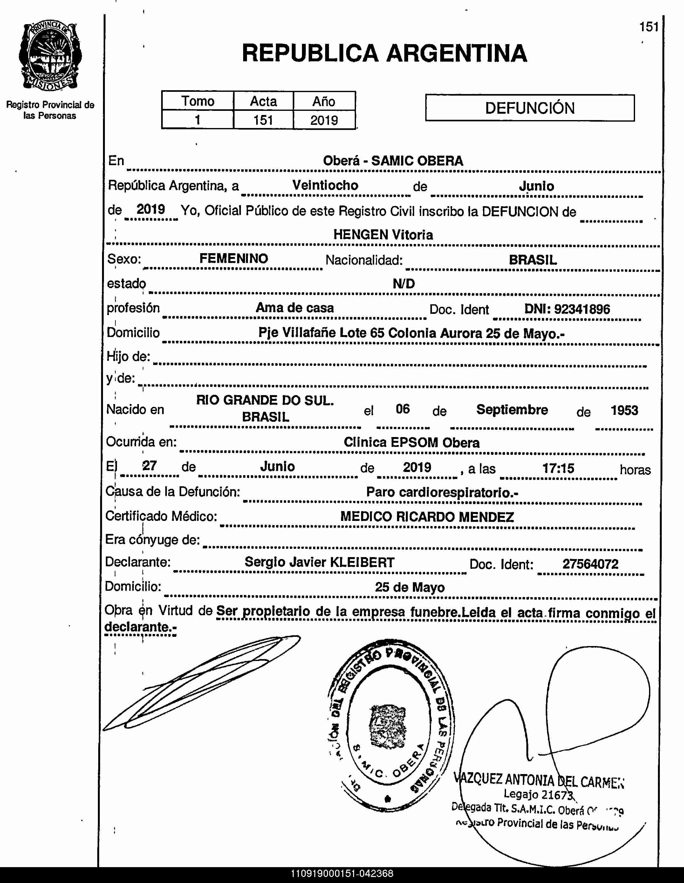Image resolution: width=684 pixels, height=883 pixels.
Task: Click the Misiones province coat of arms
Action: click(x=50, y=57)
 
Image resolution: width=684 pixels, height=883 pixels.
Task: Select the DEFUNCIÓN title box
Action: click(x=530, y=108)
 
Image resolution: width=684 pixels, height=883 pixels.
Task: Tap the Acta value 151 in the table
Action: click(x=263, y=120)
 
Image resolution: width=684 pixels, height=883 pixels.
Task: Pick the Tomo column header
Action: click(x=197, y=101)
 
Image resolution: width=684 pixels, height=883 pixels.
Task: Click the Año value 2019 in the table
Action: click(x=324, y=120)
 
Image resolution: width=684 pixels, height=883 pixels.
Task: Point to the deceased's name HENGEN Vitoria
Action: click(x=383, y=234)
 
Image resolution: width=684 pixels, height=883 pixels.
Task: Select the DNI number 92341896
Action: click(x=567, y=309)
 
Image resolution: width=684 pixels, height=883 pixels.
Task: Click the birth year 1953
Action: click(x=624, y=410)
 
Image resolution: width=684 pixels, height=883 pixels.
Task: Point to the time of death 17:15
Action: click(x=558, y=468)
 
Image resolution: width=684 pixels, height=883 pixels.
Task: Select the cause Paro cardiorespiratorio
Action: click(x=442, y=492)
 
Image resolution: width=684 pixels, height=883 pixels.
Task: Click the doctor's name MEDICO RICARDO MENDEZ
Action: click(x=427, y=517)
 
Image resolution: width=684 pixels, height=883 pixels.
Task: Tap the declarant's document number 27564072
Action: click(x=590, y=564)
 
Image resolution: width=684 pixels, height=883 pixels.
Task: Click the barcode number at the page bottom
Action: click(x=342, y=874)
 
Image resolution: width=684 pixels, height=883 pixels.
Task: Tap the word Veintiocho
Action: click(x=325, y=185)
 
